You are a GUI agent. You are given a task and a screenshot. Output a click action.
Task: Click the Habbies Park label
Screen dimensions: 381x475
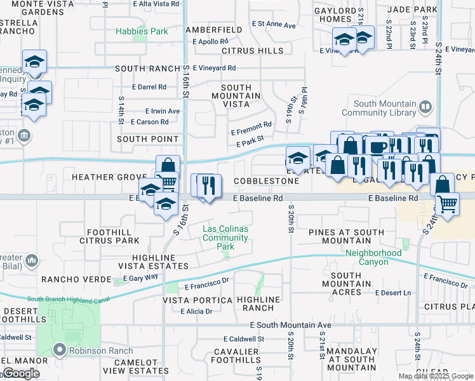tap(142, 31)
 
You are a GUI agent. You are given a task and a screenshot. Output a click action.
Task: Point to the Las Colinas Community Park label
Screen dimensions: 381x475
tap(225, 237)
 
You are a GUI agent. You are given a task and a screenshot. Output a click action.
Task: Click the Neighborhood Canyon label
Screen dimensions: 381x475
tap(373, 257)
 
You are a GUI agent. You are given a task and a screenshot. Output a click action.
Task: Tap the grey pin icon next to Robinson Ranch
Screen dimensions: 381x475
tap(60, 350)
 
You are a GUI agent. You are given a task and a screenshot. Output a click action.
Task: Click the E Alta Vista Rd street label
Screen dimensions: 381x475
tap(156, 4)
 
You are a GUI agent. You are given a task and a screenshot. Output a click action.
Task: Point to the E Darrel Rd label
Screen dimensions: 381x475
tap(149, 87)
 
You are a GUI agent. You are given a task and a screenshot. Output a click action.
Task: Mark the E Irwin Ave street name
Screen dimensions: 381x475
tap(163, 110)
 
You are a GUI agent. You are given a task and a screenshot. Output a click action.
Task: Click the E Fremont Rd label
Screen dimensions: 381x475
tap(251, 125)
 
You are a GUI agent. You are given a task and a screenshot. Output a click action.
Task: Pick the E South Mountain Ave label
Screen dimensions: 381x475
tap(283, 325)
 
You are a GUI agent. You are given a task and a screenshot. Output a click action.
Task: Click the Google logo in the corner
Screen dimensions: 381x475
tap(22, 373)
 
